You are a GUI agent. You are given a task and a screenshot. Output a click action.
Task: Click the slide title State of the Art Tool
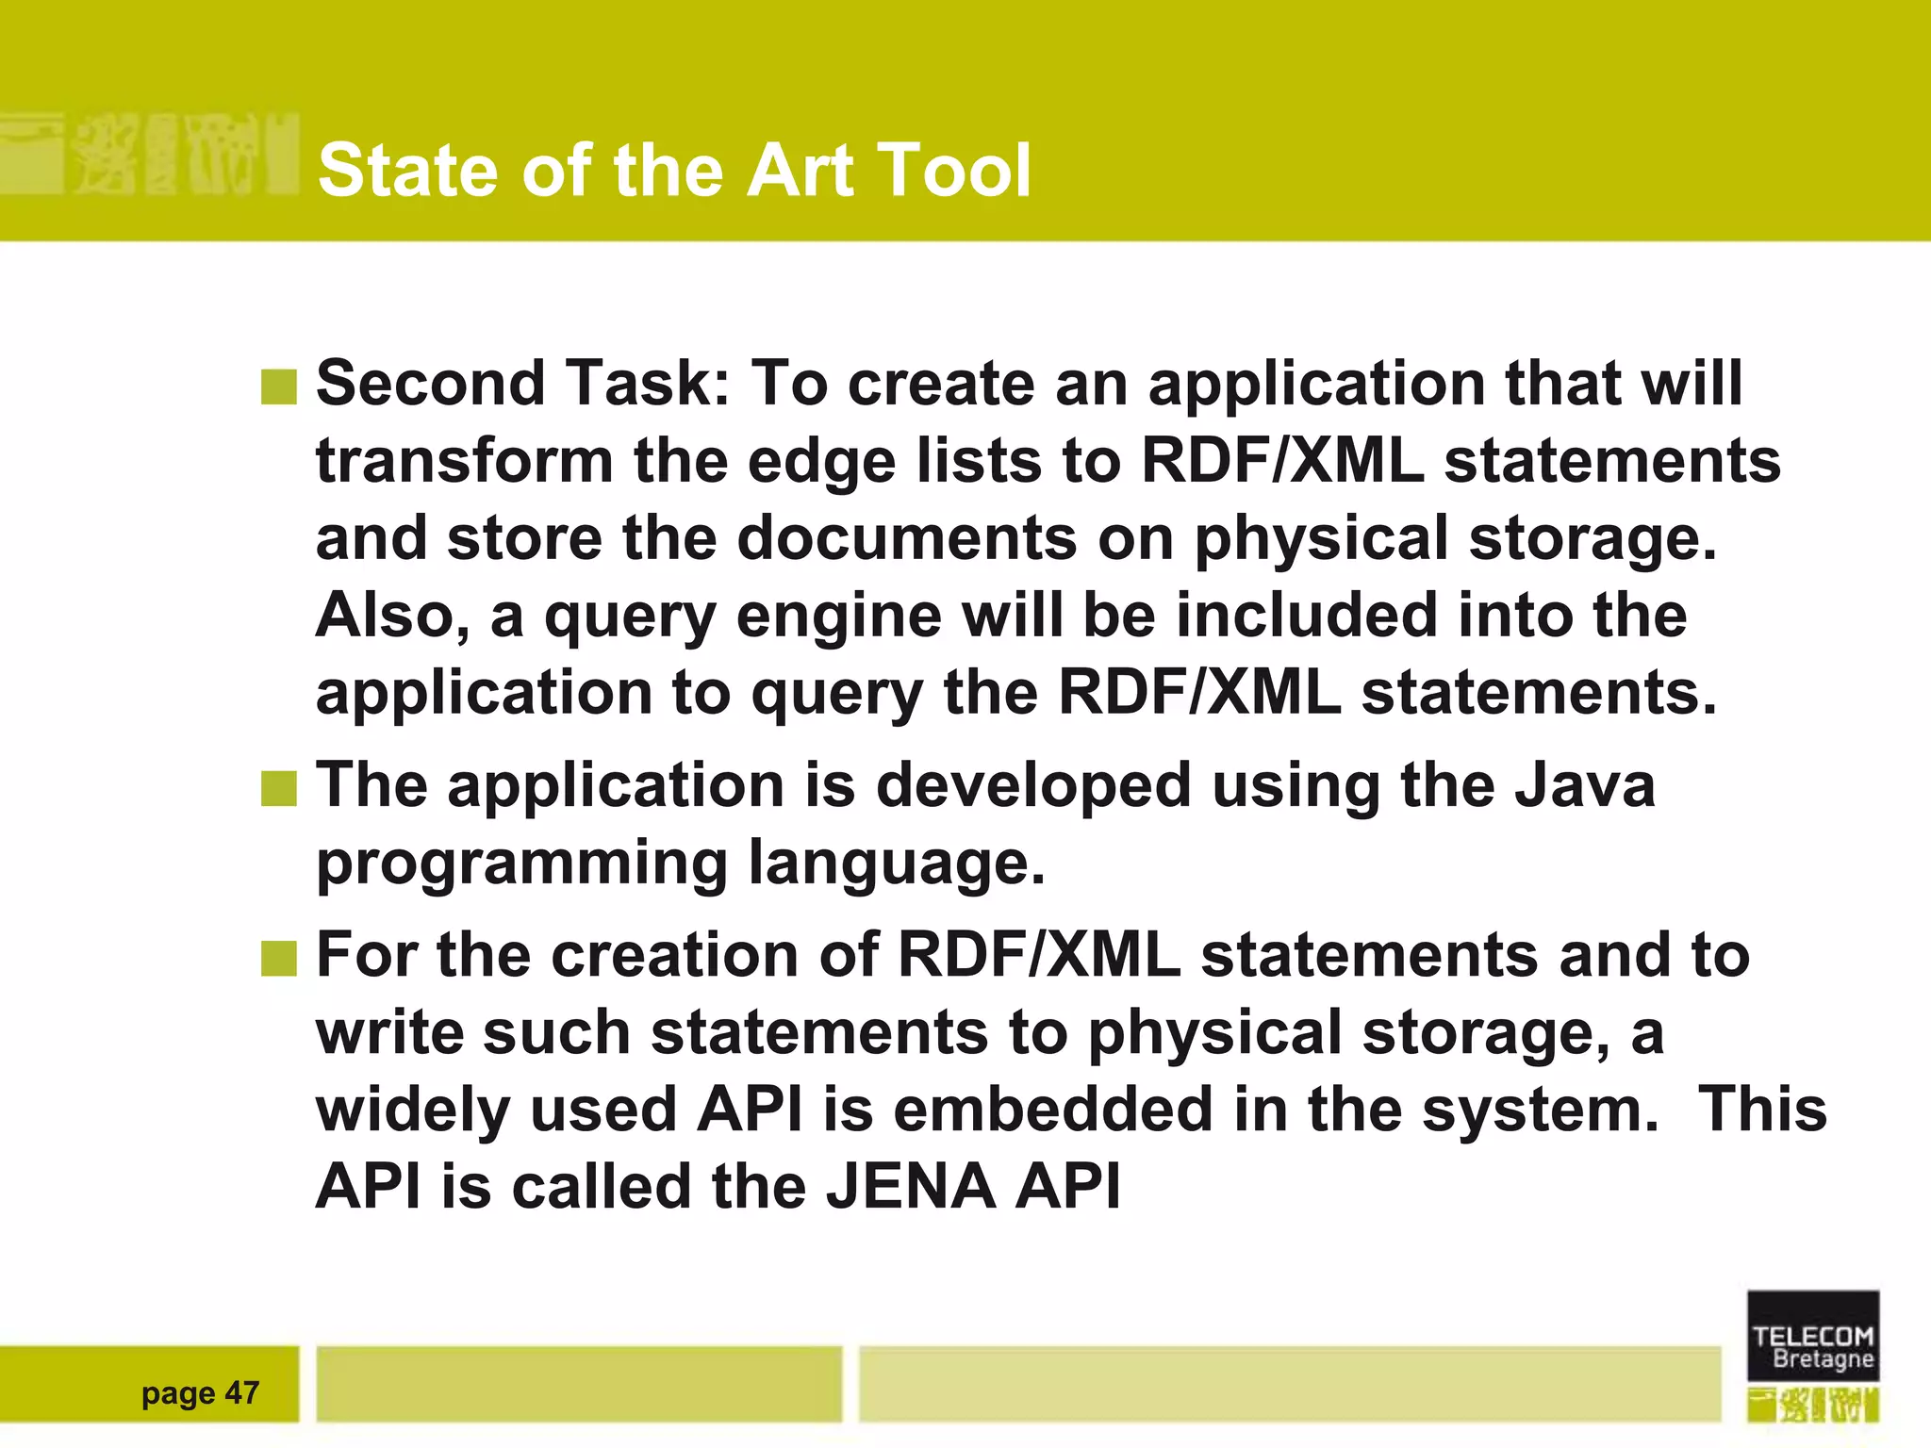pyautogui.click(x=674, y=171)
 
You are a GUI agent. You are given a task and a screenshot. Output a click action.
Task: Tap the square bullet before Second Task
pyautogui.click(x=279, y=387)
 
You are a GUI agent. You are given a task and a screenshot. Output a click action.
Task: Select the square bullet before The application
pyautogui.click(x=279, y=788)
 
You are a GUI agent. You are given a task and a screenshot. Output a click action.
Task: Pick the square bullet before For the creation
pyautogui.click(x=279, y=958)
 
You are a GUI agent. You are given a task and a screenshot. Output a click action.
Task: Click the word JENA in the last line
pyautogui.click(x=911, y=1186)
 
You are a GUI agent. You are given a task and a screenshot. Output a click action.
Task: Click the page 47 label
pyautogui.click(x=200, y=1392)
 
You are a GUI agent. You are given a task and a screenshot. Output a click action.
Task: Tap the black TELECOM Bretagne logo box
pyautogui.click(x=1812, y=1336)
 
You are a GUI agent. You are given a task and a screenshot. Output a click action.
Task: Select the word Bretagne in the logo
pyautogui.click(x=1823, y=1359)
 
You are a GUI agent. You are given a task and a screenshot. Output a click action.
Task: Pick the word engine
pyautogui.click(x=838, y=617)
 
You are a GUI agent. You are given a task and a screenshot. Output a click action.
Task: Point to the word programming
pyautogui.click(x=521, y=863)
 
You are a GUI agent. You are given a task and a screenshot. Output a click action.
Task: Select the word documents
pyautogui.click(x=906, y=539)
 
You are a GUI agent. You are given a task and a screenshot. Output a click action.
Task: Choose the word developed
pyautogui.click(x=1033, y=785)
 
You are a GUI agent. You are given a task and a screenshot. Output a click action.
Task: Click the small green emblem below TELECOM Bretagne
pyautogui.click(x=1812, y=1405)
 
